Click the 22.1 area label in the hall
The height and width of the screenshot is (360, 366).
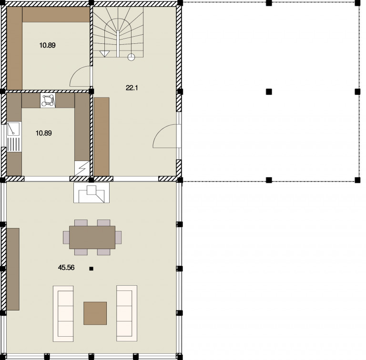[132, 88]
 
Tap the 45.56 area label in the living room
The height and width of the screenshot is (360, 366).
[66, 268]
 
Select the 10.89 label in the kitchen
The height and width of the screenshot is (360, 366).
[44, 133]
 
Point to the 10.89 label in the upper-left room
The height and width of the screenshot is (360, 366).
[47, 45]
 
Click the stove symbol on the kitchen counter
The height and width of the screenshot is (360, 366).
[48, 100]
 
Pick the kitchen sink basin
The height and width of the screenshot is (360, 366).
[13, 129]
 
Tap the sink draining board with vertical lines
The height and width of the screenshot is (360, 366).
[13, 144]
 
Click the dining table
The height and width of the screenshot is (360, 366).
[92, 237]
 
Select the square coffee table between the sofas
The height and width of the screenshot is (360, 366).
[95, 313]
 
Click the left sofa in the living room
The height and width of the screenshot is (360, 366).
[63, 314]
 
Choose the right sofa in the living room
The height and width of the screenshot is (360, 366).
[127, 313]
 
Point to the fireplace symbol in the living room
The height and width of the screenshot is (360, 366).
[91, 193]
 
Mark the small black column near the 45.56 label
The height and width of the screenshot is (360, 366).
[91, 269]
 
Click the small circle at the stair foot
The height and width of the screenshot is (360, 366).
[132, 57]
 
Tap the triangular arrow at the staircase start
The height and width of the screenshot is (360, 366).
[104, 54]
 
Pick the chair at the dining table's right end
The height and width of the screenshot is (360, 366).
[118, 237]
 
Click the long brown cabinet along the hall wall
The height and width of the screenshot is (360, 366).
[102, 137]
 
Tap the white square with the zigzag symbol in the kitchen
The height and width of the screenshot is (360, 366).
[82, 168]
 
